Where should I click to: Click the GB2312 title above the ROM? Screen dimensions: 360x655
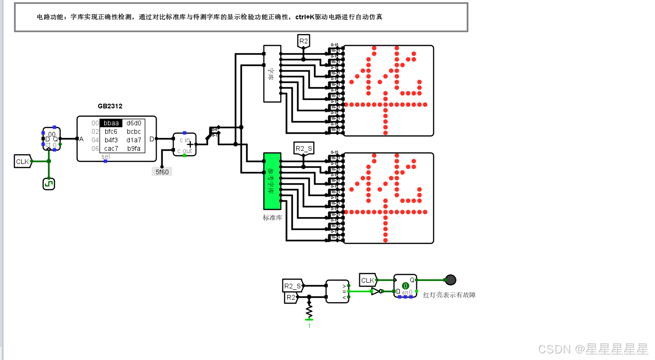coord(110,106)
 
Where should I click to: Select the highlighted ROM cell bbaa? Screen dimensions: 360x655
coord(111,123)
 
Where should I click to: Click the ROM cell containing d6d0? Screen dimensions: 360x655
coord(134,123)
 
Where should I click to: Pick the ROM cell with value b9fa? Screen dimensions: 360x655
coord(134,148)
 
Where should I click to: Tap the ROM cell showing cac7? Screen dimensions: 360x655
coord(111,148)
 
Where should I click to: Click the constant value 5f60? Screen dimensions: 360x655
coord(162,172)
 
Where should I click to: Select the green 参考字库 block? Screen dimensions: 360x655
coord(272,181)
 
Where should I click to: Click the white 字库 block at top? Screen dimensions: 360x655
coord(272,74)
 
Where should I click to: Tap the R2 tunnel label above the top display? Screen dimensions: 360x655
coord(303,41)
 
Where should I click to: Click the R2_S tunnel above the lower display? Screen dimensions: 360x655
coord(303,149)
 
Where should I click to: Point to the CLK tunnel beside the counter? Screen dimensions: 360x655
coord(23,162)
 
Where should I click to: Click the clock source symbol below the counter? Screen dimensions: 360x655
coord(49,183)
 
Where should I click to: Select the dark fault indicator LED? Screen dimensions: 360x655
coord(451,280)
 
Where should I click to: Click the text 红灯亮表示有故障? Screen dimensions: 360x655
coord(449,295)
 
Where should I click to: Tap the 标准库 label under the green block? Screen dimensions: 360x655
coord(272,218)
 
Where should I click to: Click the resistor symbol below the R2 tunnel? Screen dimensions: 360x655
coord(309,311)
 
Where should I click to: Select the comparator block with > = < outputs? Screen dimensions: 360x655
coord(337,291)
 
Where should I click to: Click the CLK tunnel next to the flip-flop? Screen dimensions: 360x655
coord(367,280)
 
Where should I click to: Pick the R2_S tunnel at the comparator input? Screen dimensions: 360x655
coord(292,286)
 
